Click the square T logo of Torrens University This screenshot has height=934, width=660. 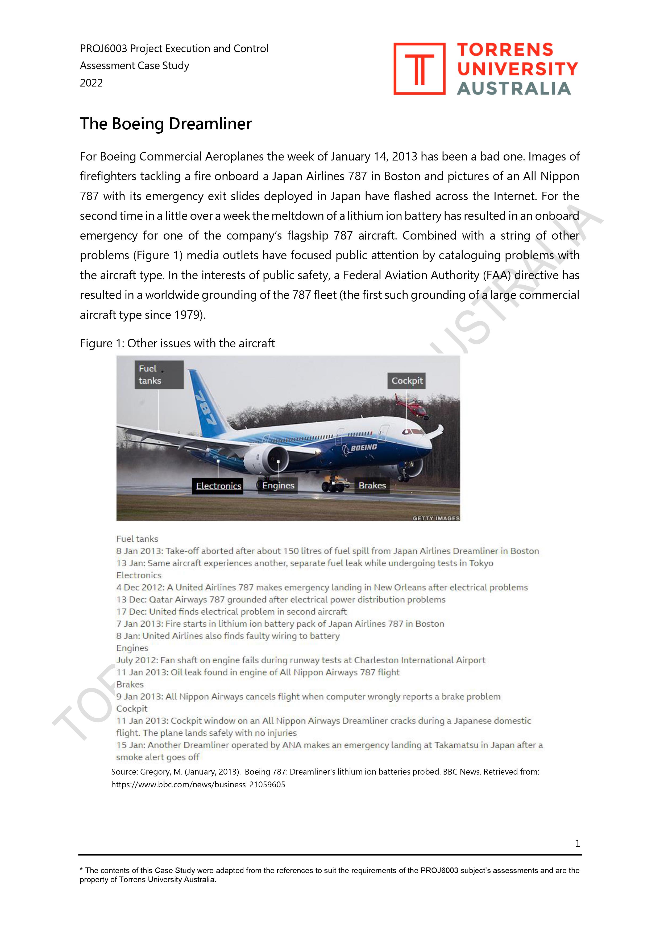click(x=419, y=69)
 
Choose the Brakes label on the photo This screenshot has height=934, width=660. click(x=372, y=485)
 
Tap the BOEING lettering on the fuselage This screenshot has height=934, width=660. click(x=364, y=447)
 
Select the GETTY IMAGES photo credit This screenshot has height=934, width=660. click(x=435, y=518)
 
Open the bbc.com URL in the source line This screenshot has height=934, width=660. click(x=198, y=785)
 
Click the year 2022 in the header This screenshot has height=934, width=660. click(x=91, y=83)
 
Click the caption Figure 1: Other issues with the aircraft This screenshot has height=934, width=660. click(x=177, y=343)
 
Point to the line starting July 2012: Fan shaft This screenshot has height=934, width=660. click(x=301, y=660)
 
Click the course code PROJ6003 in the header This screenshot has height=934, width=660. click(x=103, y=49)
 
